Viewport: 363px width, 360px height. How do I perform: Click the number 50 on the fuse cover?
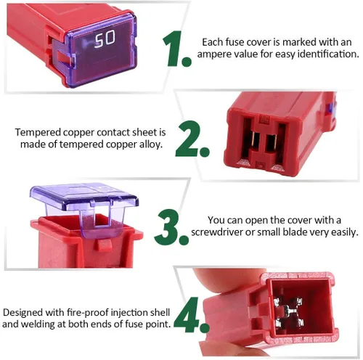click(x=105, y=38)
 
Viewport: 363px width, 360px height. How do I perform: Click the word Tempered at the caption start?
click(x=38, y=133)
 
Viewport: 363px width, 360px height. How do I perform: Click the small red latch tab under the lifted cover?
click(x=105, y=245)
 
